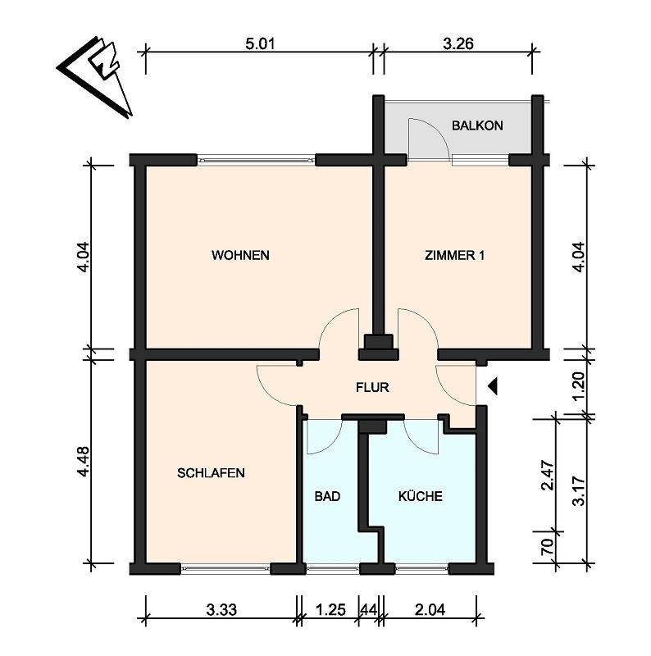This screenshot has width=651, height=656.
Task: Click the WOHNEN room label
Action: coord(240,255)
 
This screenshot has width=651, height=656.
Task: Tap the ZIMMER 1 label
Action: coord(454,255)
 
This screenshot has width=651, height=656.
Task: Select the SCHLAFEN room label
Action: coord(211,473)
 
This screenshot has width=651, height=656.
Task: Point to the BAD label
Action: coord(327,497)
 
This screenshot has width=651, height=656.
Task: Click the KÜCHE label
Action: coord(420,496)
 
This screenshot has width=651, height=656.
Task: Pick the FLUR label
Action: coord(372,387)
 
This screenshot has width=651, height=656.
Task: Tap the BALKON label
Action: coord(477,125)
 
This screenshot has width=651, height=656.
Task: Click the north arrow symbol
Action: coord(96,75)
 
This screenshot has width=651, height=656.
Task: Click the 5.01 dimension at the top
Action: coord(260,44)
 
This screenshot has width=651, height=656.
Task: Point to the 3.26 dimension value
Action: coord(458,44)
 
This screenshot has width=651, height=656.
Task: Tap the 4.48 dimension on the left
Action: coord(84,462)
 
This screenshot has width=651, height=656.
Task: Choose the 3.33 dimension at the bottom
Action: coord(221,610)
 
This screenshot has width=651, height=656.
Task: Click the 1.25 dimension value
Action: coord(330,610)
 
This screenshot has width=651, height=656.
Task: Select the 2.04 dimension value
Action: coord(430,610)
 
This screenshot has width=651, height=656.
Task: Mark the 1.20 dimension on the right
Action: coord(578,385)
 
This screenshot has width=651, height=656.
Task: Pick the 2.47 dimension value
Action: coord(547,475)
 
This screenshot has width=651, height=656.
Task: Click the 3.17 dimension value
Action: coord(578,490)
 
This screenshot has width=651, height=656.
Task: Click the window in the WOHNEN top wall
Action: coord(256,159)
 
